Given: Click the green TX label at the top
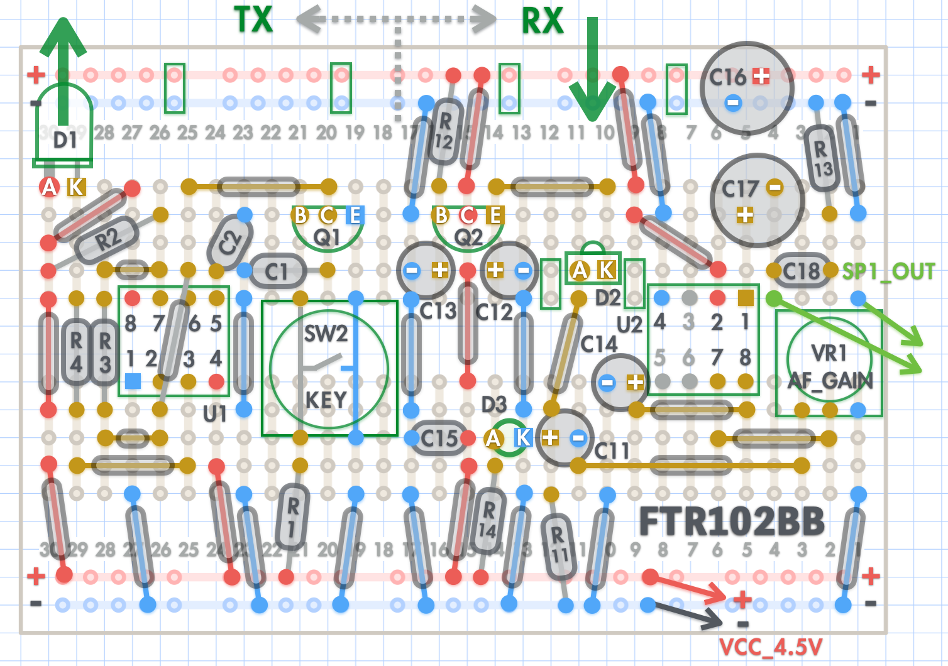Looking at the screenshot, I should pyautogui.click(x=253, y=19).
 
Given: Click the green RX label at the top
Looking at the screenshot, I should pyautogui.click(x=542, y=21).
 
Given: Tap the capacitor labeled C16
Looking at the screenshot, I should pyautogui.click(x=746, y=87).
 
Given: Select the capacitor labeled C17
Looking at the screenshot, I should pyautogui.click(x=757, y=200).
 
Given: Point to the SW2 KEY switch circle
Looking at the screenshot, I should pyautogui.click(x=329, y=368).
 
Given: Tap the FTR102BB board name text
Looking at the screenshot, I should pyautogui.click(x=731, y=521).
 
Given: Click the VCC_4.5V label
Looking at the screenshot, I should pyautogui.click(x=770, y=647).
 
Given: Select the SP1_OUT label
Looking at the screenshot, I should pyautogui.click(x=888, y=271).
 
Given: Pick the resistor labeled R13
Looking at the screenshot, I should pyautogui.click(x=822, y=158).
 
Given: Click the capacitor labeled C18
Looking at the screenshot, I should pyautogui.click(x=800, y=271).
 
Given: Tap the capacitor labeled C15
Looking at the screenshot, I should pyautogui.click(x=439, y=438).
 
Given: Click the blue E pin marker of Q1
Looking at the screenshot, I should pyautogui.click(x=355, y=215).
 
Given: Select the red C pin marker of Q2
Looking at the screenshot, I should pyautogui.click(x=468, y=215).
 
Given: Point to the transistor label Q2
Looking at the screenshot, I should pyautogui.click(x=468, y=237).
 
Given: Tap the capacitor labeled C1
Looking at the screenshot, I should pyautogui.click(x=277, y=271).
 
